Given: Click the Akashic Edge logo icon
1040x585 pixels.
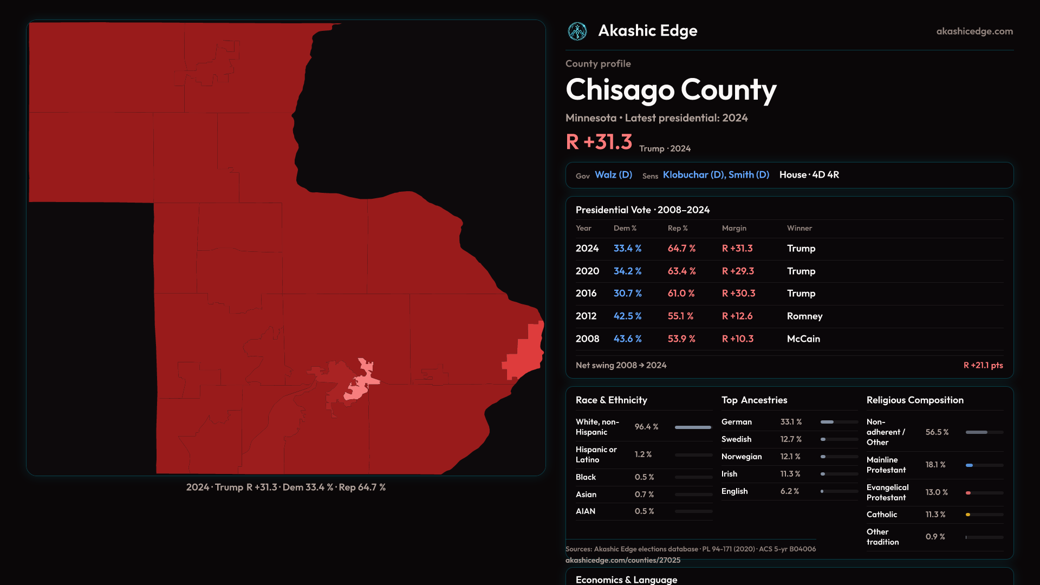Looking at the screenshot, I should click(x=577, y=31).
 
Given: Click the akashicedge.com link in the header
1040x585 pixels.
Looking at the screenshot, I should click(x=974, y=31).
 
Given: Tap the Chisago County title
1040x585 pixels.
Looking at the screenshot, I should click(x=671, y=90).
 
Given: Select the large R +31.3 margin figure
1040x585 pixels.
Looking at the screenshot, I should click(x=599, y=142).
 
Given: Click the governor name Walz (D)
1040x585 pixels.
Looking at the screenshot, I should click(x=613, y=175).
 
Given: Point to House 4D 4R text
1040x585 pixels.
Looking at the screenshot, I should click(x=809, y=175).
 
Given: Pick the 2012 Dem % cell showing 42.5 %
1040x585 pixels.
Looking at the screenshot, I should click(x=627, y=316).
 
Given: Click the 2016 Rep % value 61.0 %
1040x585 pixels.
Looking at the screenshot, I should click(x=681, y=294).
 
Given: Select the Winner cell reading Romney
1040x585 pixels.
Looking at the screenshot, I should click(x=804, y=316).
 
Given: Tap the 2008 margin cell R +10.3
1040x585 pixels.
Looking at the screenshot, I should click(x=737, y=339).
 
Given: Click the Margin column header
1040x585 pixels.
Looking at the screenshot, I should click(x=734, y=229).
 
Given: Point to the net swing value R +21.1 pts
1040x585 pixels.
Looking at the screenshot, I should click(x=983, y=366).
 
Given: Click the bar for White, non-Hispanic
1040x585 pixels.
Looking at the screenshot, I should click(x=693, y=427).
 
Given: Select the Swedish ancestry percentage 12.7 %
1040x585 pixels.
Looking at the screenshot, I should click(x=791, y=439).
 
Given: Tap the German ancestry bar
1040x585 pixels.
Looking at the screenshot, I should click(x=839, y=422).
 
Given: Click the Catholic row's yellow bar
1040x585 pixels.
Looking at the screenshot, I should click(x=968, y=515).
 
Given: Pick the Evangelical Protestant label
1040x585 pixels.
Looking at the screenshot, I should click(x=887, y=492).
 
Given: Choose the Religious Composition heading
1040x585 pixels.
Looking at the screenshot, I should click(x=915, y=400).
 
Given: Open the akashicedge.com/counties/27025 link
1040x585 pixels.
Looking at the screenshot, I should click(x=622, y=561).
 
